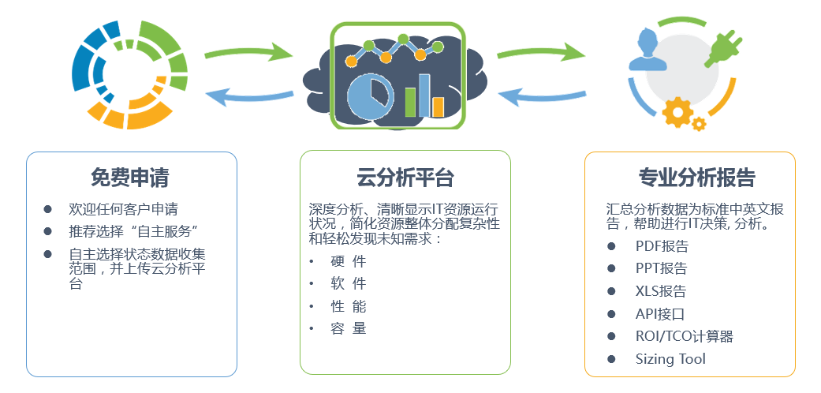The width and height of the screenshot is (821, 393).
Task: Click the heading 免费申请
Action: point(129,178)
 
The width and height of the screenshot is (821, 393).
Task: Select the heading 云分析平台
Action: point(405,178)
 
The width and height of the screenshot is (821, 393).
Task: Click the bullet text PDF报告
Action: point(662,246)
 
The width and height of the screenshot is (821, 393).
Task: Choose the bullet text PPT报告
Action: point(662,269)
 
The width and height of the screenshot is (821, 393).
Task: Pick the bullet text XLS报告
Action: point(661,291)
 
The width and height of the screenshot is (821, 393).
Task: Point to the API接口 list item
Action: point(660,314)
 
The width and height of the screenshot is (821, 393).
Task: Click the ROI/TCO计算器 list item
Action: point(685,336)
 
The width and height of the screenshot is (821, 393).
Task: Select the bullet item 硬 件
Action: point(348,261)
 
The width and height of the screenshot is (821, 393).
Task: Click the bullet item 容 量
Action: point(348,328)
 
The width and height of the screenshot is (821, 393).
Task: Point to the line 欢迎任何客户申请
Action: point(124,210)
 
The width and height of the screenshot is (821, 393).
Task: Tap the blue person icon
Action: point(648,51)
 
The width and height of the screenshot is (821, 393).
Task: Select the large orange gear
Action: point(677,111)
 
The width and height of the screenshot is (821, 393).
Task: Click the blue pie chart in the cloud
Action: point(370,98)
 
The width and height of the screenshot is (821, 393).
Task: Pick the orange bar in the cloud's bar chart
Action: point(438,107)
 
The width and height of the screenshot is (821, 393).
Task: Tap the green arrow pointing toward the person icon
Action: point(540,51)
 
